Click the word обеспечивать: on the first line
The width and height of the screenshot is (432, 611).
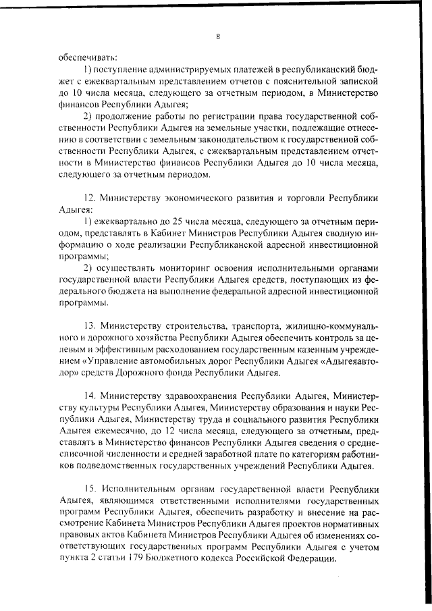tap(87, 57)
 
